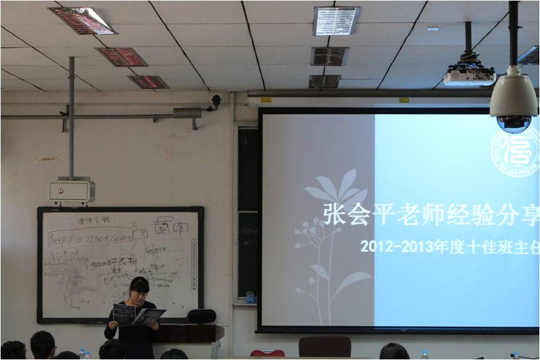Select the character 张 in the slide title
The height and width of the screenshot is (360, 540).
[x=334, y=213]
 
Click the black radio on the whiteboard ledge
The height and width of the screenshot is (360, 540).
[x=201, y=316]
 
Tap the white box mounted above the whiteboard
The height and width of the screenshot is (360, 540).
[x=72, y=191]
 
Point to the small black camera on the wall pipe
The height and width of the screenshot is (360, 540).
[x=216, y=100]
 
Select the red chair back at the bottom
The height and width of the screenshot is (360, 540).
[x=268, y=353]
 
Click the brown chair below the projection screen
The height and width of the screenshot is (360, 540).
[x=324, y=346]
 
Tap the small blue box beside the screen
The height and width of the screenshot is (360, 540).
[x=249, y=297]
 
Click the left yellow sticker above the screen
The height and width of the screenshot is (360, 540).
[x=266, y=100]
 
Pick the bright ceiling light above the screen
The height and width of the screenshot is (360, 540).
[x=336, y=21]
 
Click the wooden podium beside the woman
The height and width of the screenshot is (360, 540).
[x=191, y=334]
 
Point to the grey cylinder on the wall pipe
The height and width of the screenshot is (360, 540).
[x=187, y=113]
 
